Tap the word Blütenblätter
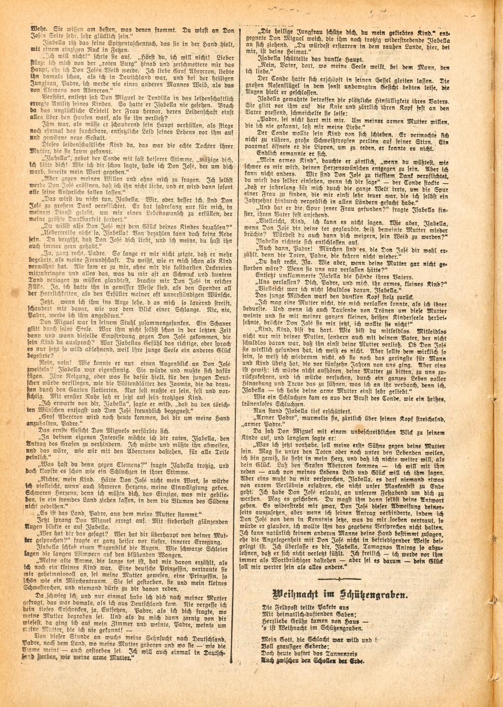pos(122,382)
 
